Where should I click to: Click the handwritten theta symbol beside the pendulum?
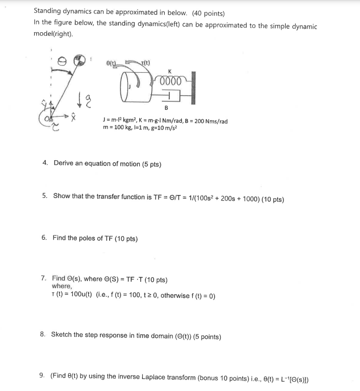click(61, 61)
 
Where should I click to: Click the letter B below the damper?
click(166, 108)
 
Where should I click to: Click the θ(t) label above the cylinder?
click(111, 62)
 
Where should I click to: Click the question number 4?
click(46, 163)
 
